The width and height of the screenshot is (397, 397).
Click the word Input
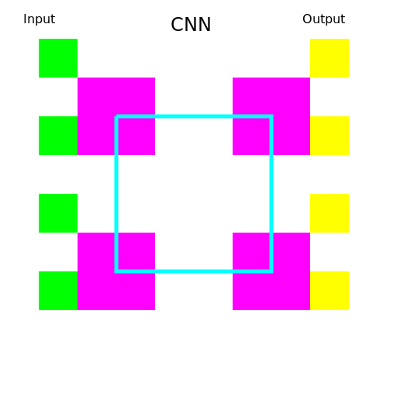39,19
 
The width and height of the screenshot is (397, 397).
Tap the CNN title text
191,25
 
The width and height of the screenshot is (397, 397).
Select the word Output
323,19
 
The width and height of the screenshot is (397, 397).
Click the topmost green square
58,58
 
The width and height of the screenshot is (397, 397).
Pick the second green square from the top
58,136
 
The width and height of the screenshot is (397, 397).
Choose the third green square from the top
58,213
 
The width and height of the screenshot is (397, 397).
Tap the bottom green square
58,291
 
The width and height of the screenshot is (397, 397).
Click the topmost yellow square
330,58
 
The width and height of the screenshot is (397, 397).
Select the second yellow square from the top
330,136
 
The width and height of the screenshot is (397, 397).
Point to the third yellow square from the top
330,213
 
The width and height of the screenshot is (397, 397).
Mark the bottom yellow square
330,291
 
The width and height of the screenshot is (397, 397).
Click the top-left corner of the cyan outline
116,116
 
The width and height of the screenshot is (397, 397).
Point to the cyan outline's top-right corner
271,116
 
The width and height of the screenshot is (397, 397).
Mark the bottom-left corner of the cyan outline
116,271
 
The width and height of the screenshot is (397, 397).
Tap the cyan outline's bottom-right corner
271,271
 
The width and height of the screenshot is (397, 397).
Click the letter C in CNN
177,25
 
